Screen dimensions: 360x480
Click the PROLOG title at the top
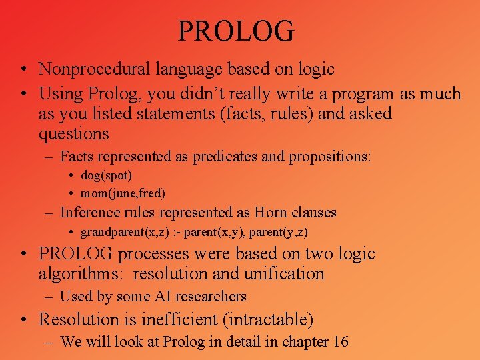click(236, 31)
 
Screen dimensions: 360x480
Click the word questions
click(73, 134)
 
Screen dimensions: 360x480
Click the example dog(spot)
click(106, 176)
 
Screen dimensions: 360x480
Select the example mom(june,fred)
click(123, 193)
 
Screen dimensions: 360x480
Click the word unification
click(285, 274)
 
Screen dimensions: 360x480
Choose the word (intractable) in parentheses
click(269, 320)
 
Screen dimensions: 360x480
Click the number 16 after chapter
click(341, 342)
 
